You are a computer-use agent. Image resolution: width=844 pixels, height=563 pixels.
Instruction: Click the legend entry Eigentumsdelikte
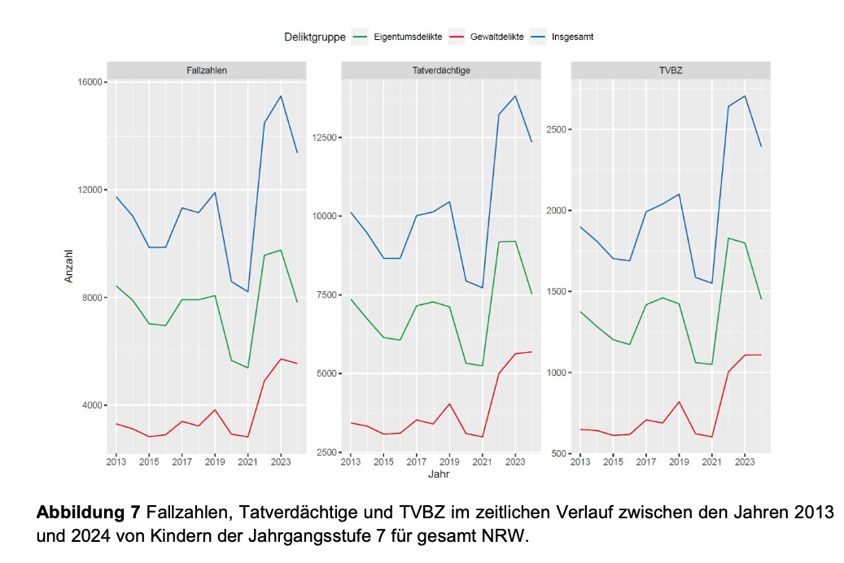(x=408, y=37)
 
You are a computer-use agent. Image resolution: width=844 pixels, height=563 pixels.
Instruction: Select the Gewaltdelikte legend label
(x=496, y=37)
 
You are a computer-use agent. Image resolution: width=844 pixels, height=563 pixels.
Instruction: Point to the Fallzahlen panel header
(x=207, y=71)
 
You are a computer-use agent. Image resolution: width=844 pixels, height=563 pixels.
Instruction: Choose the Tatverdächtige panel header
(x=440, y=71)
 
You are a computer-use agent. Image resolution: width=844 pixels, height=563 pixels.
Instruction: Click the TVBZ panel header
(x=671, y=71)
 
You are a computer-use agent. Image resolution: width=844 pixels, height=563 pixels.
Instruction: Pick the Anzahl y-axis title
(x=69, y=266)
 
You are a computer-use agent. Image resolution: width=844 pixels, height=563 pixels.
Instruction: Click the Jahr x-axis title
(x=439, y=474)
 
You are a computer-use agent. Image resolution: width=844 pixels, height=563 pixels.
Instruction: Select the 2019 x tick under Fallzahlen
(x=215, y=462)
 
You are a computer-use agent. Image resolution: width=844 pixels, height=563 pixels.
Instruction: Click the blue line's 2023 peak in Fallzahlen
(x=281, y=96)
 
